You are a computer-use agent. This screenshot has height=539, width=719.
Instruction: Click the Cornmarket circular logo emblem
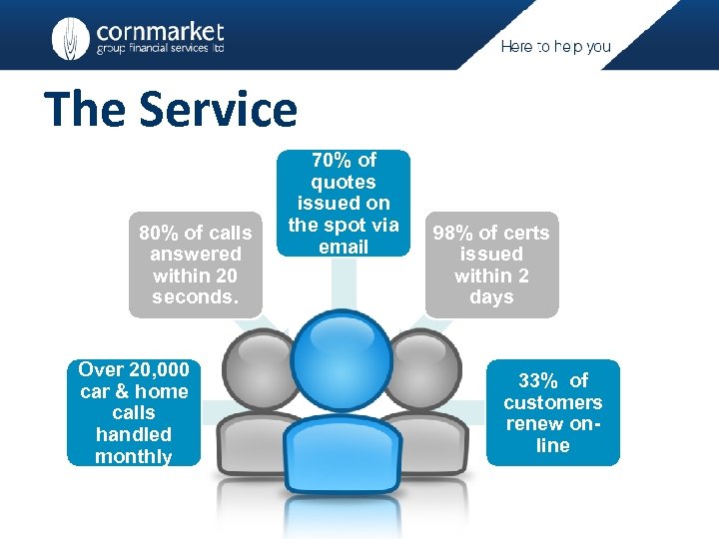(70, 38)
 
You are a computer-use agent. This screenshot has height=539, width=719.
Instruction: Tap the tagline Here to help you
(555, 47)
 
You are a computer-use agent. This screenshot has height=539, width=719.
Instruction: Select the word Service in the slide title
(219, 109)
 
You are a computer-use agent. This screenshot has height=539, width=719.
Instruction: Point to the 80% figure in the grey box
(158, 234)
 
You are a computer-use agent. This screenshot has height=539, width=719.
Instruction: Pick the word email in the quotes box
(344, 247)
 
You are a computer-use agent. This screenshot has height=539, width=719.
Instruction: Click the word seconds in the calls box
(195, 297)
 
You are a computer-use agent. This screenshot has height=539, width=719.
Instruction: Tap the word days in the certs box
(491, 297)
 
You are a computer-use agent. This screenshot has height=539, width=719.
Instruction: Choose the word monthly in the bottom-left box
(134, 457)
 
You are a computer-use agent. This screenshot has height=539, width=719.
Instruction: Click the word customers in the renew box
(552, 402)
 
